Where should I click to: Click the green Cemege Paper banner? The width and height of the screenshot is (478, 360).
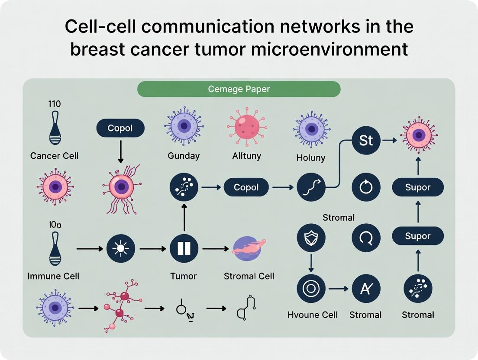[x=239, y=89]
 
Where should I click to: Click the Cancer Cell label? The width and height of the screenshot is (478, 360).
[x=55, y=156]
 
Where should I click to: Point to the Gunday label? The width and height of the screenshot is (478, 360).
[x=184, y=156]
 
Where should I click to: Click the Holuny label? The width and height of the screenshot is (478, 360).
[x=310, y=158]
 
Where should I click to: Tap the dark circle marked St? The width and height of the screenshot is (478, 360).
[x=366, y=141]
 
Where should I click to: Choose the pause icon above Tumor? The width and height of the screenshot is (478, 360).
[x=184, y=248]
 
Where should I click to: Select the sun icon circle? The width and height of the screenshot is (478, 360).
[x=121, y=249]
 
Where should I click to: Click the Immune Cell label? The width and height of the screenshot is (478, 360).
[x=53, y=276]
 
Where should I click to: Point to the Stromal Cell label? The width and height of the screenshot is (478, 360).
[x=249, y=276]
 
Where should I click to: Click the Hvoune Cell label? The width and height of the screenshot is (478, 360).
[x=312, y=315]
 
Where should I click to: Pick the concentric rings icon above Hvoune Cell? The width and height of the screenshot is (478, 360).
[x=311, y=288]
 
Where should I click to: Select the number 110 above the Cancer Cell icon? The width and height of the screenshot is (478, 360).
[x=55, y=104]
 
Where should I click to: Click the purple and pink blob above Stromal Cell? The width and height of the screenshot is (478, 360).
[x=249, y=249]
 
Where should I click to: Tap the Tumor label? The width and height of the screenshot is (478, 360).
[x=184, y=276]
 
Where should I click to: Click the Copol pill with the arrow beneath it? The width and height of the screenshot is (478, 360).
[x=120, y=129]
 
